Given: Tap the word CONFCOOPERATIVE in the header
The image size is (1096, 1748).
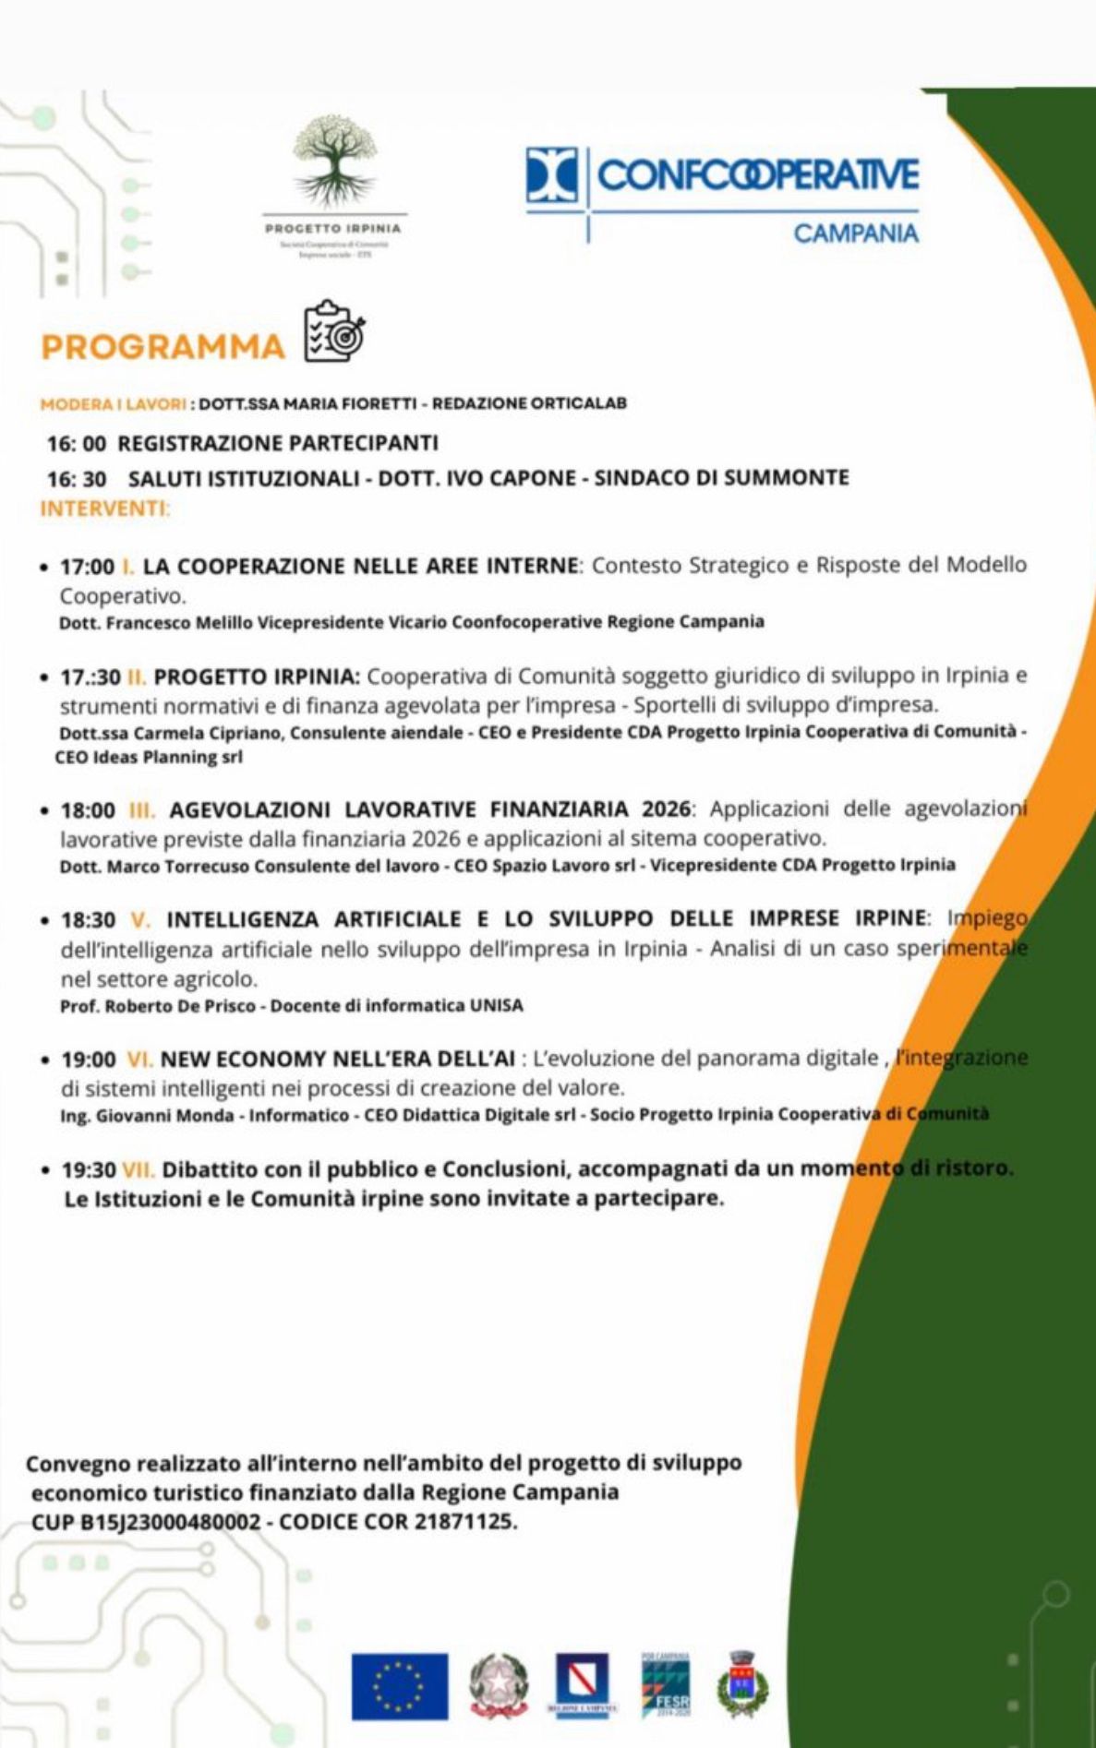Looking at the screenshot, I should [x=758, y=174].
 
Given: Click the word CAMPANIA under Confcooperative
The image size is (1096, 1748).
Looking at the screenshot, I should [x=856, y=233].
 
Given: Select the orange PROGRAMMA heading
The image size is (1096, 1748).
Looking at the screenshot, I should [x=163, y=347].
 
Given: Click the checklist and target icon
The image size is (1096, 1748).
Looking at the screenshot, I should [x=335, y=331].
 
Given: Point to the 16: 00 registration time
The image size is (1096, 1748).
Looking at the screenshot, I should [x=77, y=443].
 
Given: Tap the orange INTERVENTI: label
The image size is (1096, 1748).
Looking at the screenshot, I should [x=105, y=509].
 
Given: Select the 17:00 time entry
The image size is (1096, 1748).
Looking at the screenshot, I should [x=88, y=566].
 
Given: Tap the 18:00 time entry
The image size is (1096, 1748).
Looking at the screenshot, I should [x=88, y=810].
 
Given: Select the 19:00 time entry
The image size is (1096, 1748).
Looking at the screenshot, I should [x=89, y=1060].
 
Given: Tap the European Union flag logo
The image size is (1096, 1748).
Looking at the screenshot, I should [x=399, y=1686].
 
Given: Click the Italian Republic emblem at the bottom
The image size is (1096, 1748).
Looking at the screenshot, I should [x=499, y=1685].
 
